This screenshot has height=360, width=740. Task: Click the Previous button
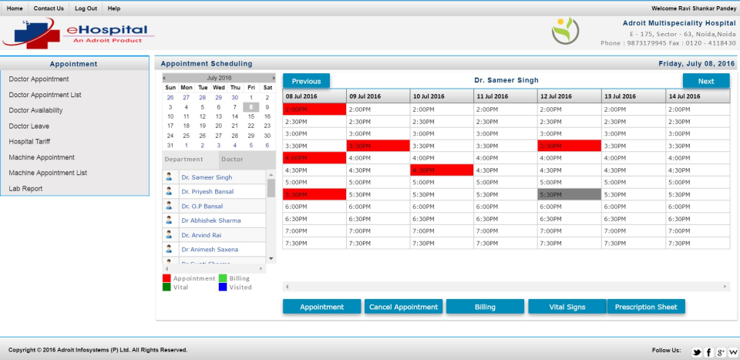(306, 81)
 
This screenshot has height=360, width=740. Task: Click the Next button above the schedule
(705, 81)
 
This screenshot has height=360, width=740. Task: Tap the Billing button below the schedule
(485, 307)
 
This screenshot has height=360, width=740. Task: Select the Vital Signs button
(567, 307)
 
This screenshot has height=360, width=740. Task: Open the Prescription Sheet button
(646, 307)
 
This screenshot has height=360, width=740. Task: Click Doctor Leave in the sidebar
(29, 126)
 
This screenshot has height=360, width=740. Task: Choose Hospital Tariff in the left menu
(32, 142)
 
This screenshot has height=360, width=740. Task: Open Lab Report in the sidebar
(25, 189)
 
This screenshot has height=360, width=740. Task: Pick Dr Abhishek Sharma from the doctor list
(210, 220)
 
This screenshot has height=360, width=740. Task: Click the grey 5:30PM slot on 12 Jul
(569, 194)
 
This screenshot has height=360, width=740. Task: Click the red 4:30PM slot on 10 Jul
(441, 170)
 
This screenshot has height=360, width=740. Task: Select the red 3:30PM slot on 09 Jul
(378, 146)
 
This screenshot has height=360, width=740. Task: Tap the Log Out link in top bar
(86, 8)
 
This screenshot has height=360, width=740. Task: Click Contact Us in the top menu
(49, 8)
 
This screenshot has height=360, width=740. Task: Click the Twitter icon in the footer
(697, 352)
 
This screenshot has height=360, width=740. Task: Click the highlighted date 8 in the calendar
(251, 107)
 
